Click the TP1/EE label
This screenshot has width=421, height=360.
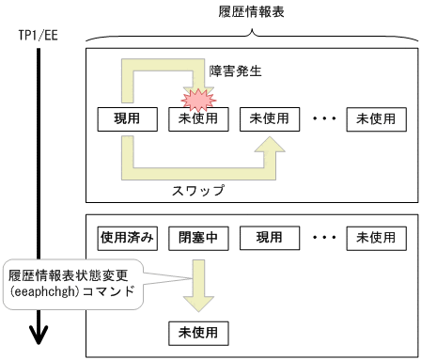37,36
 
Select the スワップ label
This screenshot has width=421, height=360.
198,188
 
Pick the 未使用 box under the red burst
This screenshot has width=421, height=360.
197,120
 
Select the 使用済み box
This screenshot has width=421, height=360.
128,237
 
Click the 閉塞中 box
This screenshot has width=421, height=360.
197,237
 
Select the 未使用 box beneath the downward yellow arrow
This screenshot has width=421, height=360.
197,332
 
